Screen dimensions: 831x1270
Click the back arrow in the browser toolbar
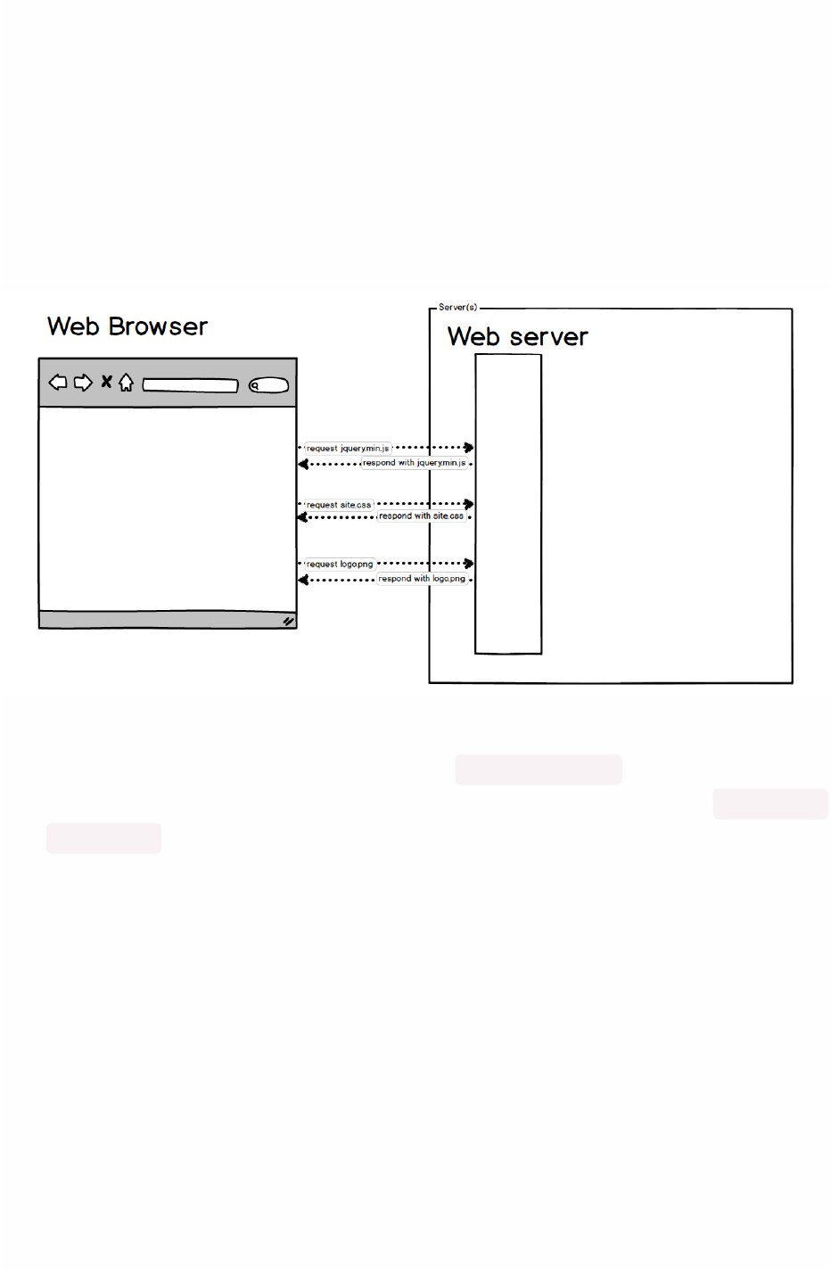point(58,383)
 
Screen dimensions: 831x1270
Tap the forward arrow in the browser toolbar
point(83,383)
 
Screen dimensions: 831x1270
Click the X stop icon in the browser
point(106,382)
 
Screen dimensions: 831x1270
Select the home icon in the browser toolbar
point(126,383)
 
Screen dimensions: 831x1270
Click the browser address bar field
point(190,385)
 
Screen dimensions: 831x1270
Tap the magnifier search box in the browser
point(268,385)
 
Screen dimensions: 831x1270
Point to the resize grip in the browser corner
point(288,621)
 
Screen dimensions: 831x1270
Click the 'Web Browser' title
point(128,326)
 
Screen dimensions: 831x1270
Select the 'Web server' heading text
point(517,337)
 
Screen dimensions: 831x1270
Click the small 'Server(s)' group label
point(457,307)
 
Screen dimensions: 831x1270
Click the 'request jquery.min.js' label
point(348,449)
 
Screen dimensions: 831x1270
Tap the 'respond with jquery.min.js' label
point(414,463)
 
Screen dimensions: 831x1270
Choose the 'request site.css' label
point(339,505)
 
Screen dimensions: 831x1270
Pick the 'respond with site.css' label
point(421,516)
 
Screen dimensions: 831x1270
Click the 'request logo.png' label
point(340,564)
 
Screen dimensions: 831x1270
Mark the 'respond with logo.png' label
point(422,579)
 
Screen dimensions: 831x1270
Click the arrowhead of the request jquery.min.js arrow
point(469,448)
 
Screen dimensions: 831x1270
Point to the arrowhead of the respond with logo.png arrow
point(303,580)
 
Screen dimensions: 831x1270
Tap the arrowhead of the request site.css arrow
point(469,504)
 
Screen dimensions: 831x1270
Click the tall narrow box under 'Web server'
point(508,504)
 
